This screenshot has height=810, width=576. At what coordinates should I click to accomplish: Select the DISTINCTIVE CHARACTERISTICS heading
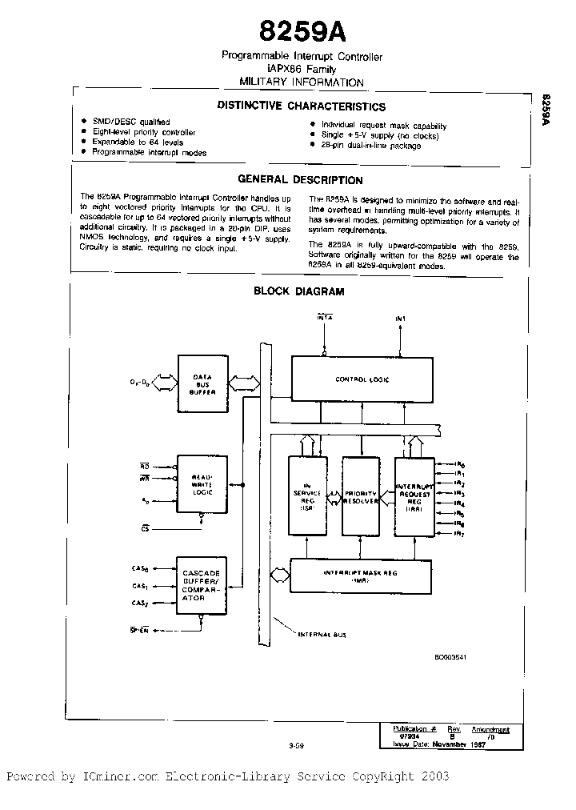302,106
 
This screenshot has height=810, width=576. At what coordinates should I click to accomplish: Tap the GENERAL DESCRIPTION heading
301,180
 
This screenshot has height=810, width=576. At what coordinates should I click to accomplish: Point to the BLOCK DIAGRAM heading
299,291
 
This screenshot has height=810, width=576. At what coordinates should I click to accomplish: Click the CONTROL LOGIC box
362,379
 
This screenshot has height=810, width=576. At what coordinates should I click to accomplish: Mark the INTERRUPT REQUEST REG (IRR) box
414,496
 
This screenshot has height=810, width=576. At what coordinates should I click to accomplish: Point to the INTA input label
325,319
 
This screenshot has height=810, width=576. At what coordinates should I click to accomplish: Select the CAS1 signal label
138,585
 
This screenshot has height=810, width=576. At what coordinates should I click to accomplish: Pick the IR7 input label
459,534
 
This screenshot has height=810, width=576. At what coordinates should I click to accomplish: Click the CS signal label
145,529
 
